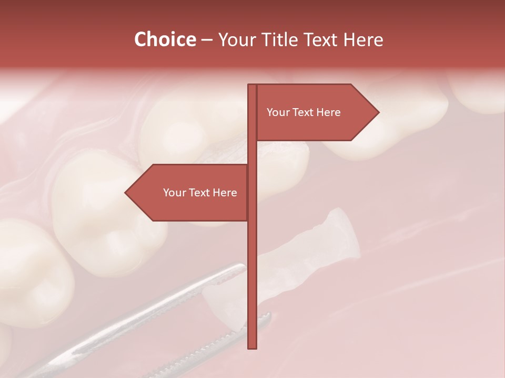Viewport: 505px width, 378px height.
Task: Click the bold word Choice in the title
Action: coord(165,39)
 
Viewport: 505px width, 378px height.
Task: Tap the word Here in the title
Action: coord(363,39)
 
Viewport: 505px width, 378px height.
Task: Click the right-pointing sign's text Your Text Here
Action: coord(304,112)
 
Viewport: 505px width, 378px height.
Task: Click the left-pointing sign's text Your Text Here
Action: coord(200,193)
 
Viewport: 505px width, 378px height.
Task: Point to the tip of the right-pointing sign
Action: coord(378,112)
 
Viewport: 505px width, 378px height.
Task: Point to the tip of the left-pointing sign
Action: coord(126,193)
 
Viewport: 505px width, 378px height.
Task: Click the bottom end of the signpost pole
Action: coord(252,347)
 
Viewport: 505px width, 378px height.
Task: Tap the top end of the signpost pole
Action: coord(252,86)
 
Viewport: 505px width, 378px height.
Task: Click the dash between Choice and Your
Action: coord(207,40)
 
